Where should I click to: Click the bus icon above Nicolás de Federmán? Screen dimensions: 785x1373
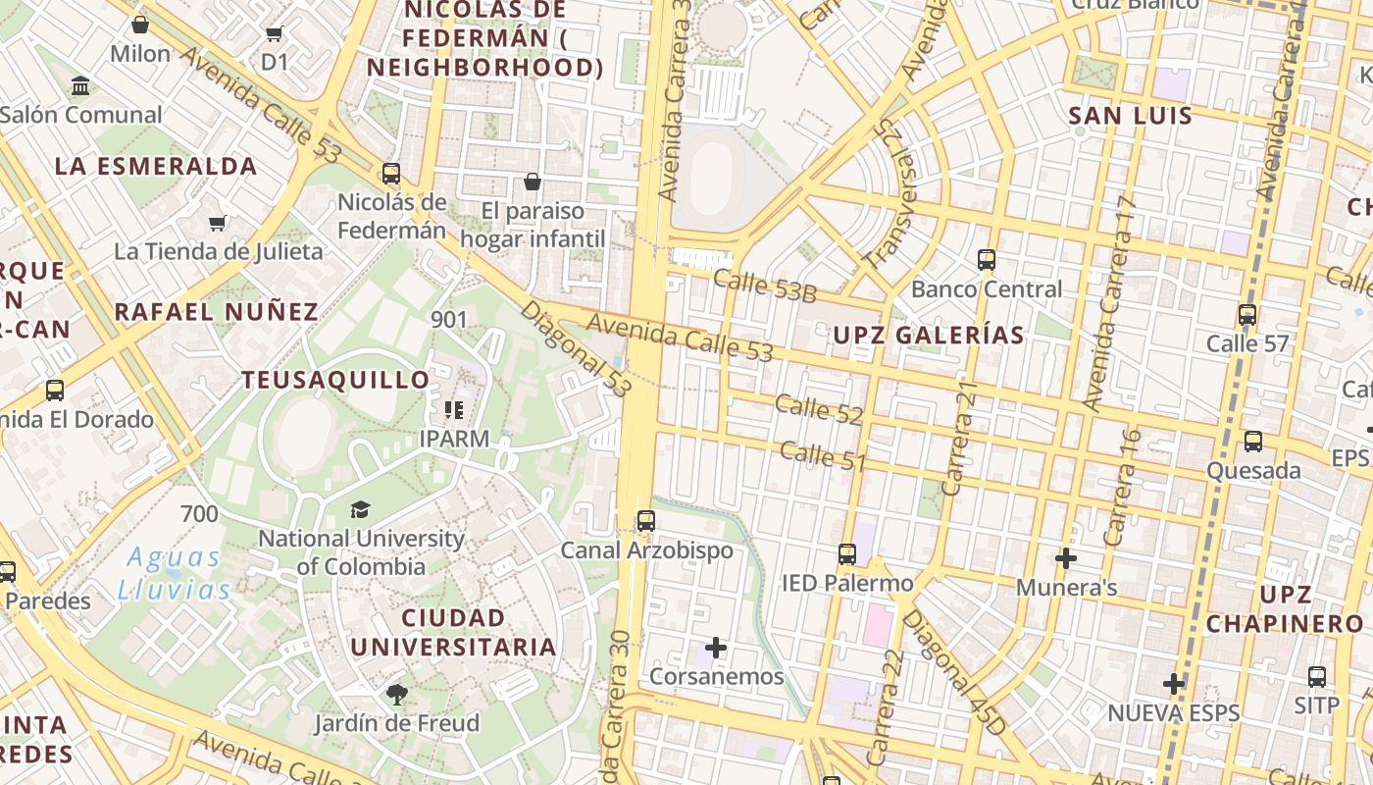pos(391,175)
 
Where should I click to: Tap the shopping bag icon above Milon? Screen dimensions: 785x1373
pos(140,25)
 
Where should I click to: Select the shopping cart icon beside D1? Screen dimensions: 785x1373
pos(275,34)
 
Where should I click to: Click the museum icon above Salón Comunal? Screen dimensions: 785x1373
pos(81,85)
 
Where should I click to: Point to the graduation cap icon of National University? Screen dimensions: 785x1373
pos(361,509)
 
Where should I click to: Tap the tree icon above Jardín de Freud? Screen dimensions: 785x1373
pos(397,696)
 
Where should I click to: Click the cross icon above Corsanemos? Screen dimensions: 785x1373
pos(716,648)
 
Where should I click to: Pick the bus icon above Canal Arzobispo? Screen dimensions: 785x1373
pos(645,521)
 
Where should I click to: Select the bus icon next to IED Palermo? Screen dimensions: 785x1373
pos(847,554)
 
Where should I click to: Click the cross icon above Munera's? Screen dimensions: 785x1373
pos(1066,558)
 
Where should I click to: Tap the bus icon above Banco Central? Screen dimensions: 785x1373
pos(987,260)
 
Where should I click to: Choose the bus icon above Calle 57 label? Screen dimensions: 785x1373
pos(1246,315)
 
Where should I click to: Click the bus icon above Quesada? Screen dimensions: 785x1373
pos(1253,442)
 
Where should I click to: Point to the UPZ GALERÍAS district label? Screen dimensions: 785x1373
pos(929,336)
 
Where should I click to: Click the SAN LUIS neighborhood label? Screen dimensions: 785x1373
pos(1130,116)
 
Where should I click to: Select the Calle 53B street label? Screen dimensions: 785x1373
pos(765,287)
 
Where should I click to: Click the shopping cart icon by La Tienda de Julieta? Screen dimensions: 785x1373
pos(218,224)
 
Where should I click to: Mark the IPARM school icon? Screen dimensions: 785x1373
pos(453,409)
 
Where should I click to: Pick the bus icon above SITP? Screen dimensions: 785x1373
pos(1317,677)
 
